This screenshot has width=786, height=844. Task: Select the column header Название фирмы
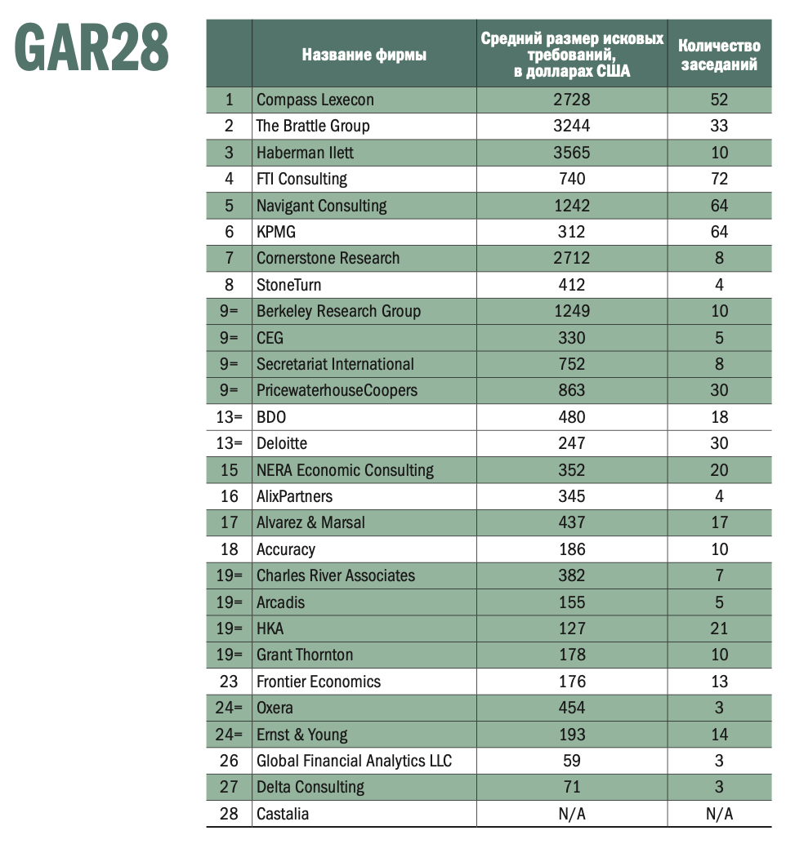364,56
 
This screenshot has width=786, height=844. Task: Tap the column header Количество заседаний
719,56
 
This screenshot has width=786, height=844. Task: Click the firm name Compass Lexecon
315,100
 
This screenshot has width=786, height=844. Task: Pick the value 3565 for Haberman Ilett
571,153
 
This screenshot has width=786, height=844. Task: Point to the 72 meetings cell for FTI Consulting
719,179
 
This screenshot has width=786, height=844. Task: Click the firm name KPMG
276,232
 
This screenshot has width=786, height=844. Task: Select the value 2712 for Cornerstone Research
571,258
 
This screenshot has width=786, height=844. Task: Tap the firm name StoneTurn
288,285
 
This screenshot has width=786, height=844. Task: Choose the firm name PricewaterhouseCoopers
337,390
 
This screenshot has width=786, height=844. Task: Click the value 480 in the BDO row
571,416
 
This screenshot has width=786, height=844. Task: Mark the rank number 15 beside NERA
229,469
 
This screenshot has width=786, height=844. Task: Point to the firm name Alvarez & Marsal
310,522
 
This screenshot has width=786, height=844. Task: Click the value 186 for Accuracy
571,549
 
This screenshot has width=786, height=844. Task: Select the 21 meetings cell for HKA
719,629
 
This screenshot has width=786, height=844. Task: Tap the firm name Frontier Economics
319,682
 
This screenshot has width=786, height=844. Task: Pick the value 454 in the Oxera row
571,708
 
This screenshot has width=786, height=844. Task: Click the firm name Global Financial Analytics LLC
354,761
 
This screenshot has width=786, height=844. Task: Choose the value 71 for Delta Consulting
571,787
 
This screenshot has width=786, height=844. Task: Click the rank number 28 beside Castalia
229,814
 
